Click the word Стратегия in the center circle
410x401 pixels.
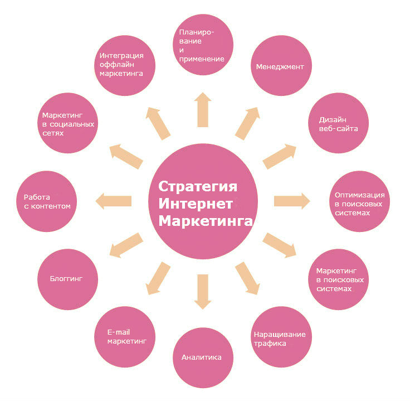point(198,185)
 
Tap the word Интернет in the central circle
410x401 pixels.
point(195,203)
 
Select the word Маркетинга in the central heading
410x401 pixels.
point(205,221)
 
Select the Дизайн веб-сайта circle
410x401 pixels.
point(338,124)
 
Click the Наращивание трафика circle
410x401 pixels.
point(279,338)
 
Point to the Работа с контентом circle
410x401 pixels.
point(47,201)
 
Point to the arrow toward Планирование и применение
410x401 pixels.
point(202,110)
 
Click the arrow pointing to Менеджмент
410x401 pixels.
point(247,123)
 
